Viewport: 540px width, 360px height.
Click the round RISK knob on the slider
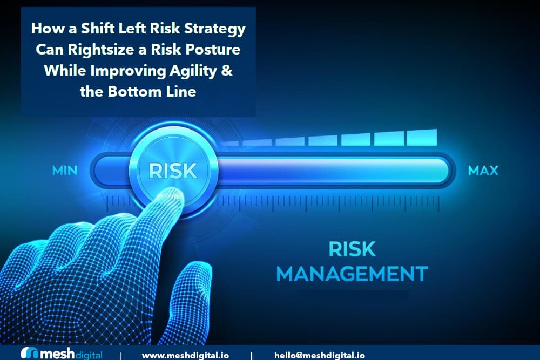(173, 170)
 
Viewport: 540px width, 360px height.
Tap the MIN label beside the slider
(65, 171)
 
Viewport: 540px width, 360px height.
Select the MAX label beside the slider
(483, 171)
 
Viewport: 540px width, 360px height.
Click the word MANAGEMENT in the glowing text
(352, 273)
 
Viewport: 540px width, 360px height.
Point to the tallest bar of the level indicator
(422, 137)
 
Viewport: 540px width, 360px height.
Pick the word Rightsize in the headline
(103, 50)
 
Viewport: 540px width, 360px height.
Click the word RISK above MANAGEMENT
(352, 249)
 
